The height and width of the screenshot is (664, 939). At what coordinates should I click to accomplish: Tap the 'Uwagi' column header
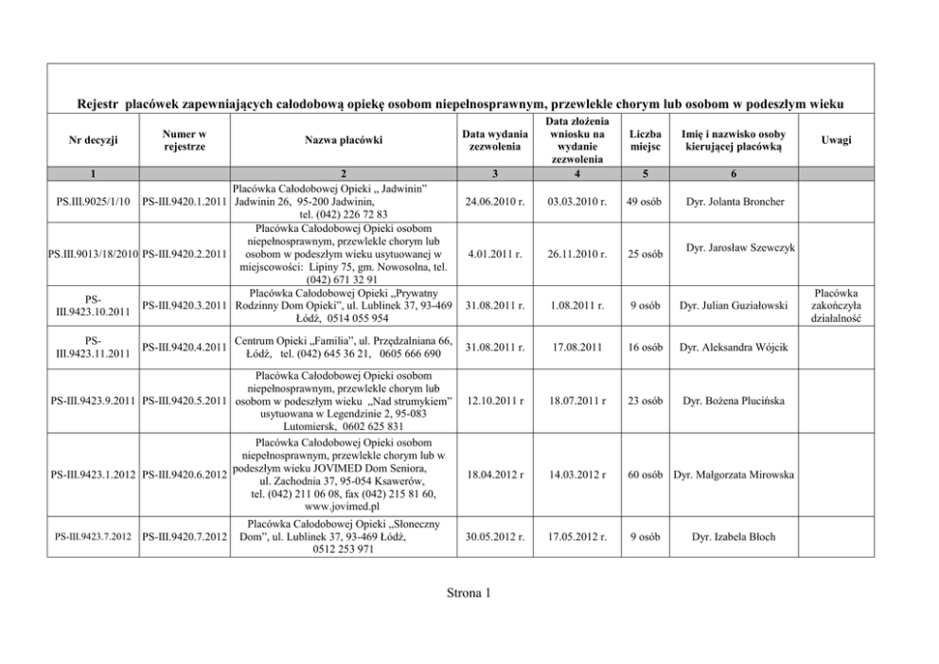point(836,140)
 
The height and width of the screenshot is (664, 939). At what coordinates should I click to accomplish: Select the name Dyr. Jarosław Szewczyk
point(739,247)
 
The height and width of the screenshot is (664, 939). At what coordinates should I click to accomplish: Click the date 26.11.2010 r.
point(576,254)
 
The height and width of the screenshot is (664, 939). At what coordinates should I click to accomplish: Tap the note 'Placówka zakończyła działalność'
point(836,305)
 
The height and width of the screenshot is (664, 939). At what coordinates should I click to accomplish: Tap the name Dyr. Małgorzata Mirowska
point(732,474)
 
